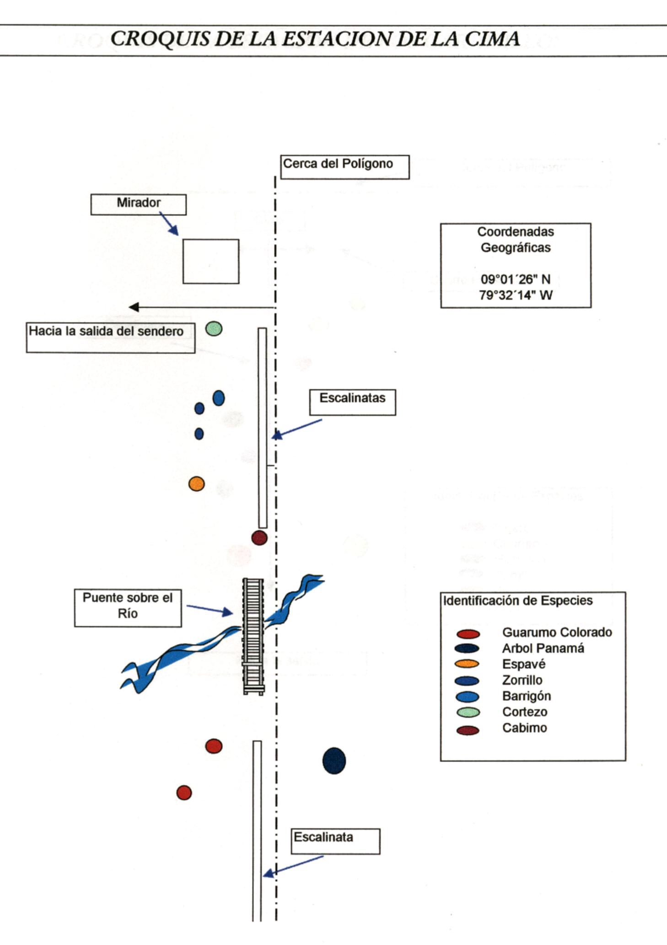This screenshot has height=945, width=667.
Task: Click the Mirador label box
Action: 138,204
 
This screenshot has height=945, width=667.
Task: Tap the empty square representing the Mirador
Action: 210,261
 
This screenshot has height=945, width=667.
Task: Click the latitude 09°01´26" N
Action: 515,279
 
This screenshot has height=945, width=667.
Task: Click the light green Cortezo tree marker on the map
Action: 214,328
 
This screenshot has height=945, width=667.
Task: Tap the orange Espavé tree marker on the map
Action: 197,484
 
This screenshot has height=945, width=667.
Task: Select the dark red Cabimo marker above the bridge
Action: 259,538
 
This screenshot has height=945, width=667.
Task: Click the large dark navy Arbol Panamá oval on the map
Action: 334,761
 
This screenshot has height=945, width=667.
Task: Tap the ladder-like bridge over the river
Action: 253,636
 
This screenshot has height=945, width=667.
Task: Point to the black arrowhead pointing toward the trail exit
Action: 134,307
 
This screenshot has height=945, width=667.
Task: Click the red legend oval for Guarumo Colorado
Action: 468,634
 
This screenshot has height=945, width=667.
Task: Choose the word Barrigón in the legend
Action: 526,696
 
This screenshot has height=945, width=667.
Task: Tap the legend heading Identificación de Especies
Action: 517,601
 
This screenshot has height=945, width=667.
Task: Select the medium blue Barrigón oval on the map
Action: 219,398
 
